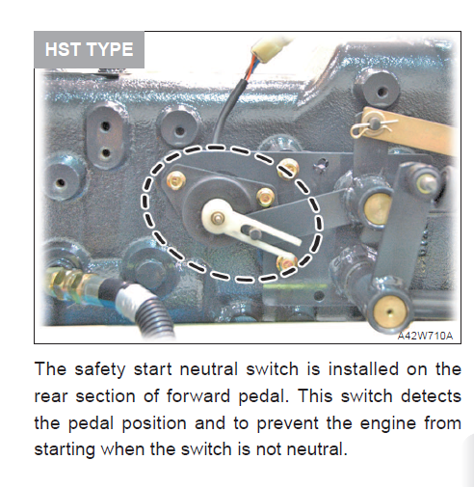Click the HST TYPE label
89,49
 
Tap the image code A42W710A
425,336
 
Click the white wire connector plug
269,48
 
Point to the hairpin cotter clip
373,126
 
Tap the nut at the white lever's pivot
218,218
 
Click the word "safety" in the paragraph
100,369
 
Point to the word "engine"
388,423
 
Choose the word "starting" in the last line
65,449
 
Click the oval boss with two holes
106,138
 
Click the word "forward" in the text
198,396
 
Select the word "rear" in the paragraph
51,397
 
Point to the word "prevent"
287,423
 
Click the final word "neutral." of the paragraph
317,448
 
